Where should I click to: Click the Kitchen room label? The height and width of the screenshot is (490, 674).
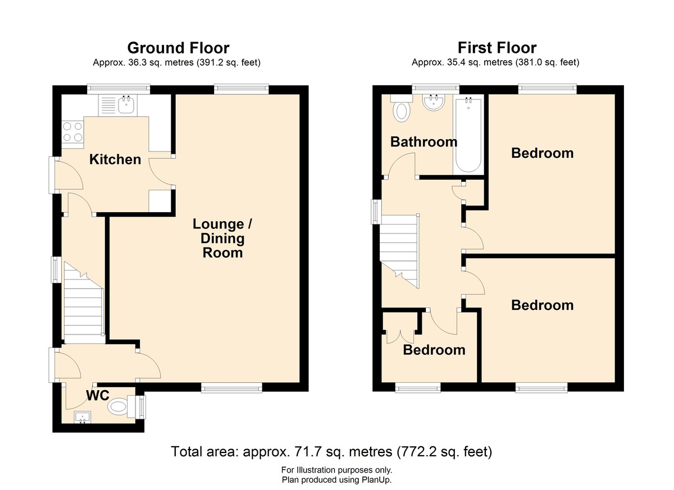pyautogui.click(x=115, y=159)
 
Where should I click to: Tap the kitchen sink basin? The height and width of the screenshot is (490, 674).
pyautogui.click(x=126, y=104)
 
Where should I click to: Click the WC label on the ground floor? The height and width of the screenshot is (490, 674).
pyautogui.click(x=98, y=396)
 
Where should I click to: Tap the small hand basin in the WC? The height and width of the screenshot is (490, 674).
pyautogui.click(x=83, y=417)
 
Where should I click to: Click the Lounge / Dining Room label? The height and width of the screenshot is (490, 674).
pyautogui.click(x=222, y=239)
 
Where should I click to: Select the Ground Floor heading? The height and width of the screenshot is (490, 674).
pyautogui.click(x=178, y=48)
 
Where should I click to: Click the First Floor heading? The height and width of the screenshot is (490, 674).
pyautogui.click(x=497, y=48)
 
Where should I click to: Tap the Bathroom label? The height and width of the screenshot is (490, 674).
pyautogui.click(x=423, y=142)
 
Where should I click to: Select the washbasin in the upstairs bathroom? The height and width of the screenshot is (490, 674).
pyautogui.click(x=434, y=103)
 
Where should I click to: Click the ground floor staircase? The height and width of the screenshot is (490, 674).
pyautogui.click(x=84, y=303)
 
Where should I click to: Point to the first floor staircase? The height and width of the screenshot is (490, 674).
pyautogui.click(x=399, y=251)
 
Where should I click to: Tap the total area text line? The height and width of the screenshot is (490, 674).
pyautogui.click(x=331, y=451)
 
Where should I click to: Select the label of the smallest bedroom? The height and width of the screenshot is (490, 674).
pyautogui.click(x=434, y=350)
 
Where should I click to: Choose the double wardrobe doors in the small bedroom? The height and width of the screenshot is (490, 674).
pyautogui.click(x=400, y=336)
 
